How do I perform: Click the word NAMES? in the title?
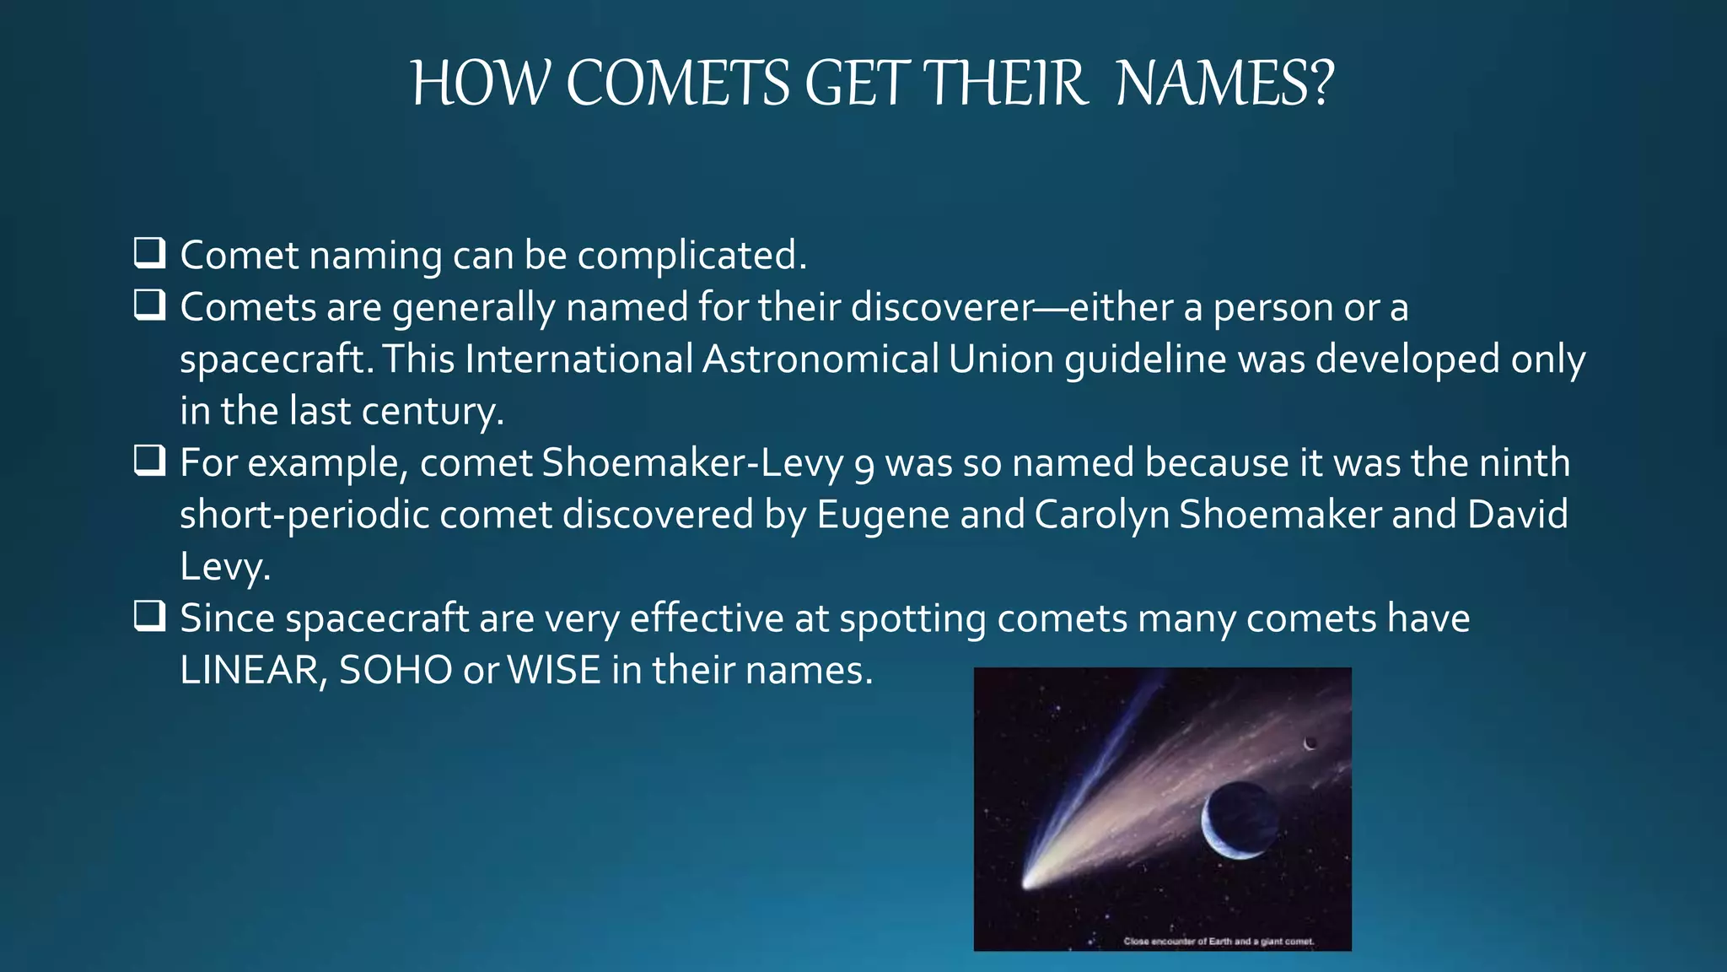click(1224, 84)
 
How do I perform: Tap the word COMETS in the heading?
click(677, 84)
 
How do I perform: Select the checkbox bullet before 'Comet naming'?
click(149, 253)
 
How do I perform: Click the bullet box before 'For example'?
click(149, 461)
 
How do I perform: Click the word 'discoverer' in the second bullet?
click(942, 307)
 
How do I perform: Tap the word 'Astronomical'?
click(820, 359)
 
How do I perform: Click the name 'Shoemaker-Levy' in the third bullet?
click(692, 463)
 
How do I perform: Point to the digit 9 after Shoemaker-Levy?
click(863, 467)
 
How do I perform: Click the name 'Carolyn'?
click(1101, 516)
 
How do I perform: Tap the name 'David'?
click(1517, 515)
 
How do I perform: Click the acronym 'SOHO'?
click(395, 671)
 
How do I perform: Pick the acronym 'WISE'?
click(554, 671)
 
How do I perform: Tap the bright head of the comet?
click(1029, 882)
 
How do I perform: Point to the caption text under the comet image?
click(1219, 942)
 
